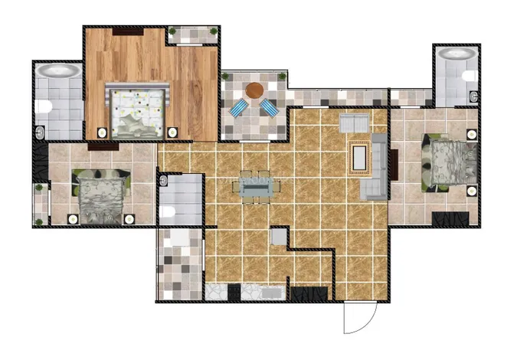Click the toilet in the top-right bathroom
point(473,97)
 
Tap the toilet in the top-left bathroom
point(44,106)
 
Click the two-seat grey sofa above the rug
point(354,123)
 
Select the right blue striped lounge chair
point(270,108)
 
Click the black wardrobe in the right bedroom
point(450,218)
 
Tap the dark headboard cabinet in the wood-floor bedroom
point(128,31)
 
